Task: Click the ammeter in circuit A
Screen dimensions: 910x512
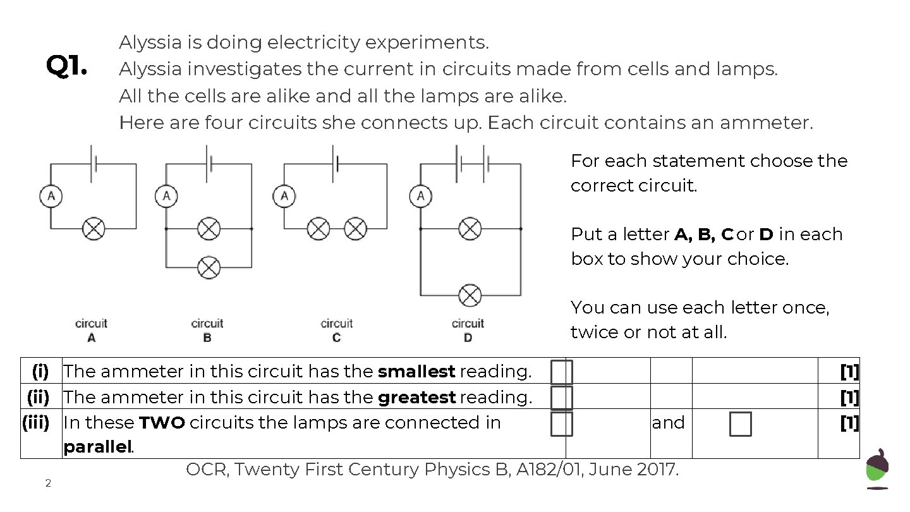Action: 51,197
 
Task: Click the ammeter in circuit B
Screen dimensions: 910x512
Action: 166,197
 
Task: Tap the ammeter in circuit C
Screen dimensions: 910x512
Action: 284,197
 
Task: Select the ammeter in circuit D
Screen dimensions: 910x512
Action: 421,197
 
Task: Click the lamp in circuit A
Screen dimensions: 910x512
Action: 94,228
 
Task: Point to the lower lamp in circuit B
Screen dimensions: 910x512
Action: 209,267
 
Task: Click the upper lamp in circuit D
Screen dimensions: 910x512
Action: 470,228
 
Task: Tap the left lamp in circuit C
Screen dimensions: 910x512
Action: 318,228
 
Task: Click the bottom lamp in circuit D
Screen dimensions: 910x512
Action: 470,295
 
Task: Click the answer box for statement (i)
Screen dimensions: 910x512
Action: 561,372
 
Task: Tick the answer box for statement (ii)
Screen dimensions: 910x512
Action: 561,398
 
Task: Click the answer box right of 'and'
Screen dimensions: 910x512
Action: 740,424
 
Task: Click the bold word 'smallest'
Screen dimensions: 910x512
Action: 416,372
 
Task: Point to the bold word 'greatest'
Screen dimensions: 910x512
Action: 416,398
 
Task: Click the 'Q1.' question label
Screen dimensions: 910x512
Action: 66,66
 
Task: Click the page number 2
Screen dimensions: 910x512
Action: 47,484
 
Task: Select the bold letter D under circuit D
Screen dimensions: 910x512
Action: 468,338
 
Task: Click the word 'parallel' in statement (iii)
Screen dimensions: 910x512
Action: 97,448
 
